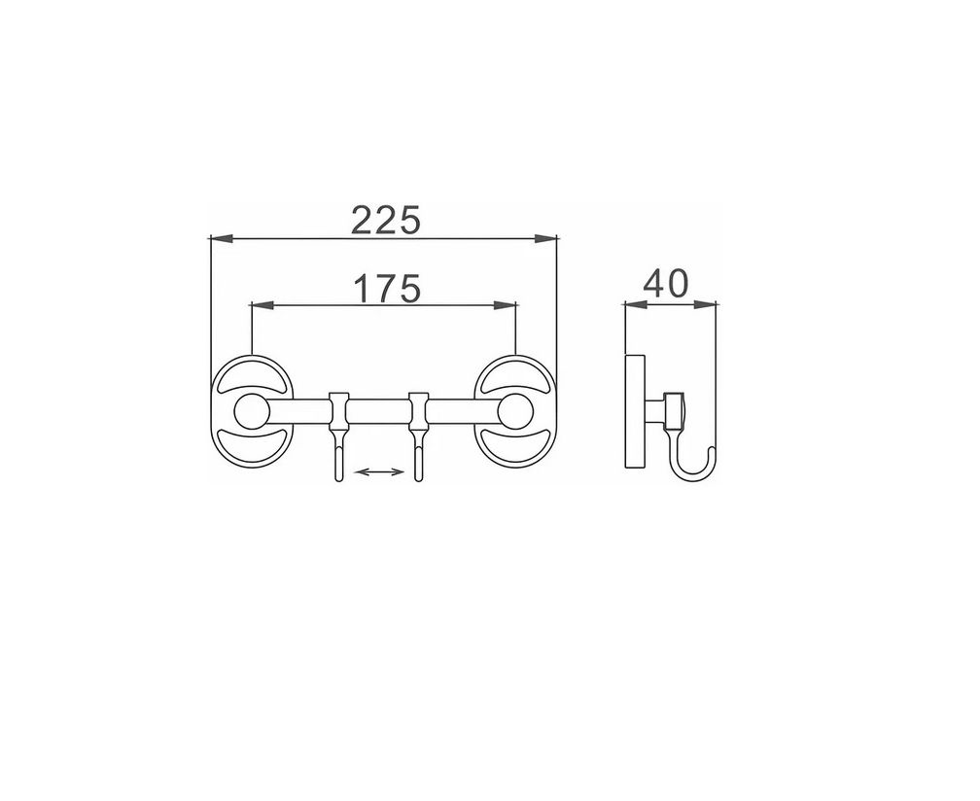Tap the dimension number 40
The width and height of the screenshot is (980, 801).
[x=666, y=283]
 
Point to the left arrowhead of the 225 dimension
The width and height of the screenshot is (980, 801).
[x=222, y=238]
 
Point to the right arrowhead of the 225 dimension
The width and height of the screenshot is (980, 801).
[x=545, y=238]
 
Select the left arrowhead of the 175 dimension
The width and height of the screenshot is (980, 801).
[x=262, y=305]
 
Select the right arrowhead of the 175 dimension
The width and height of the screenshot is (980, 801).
[x=505, y=305]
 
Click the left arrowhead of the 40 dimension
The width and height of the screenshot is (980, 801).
[x=636, y=305]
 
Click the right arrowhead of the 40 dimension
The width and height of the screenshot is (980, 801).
[x=704, y=305]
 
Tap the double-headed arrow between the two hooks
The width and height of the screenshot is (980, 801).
[x=379, y=471]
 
